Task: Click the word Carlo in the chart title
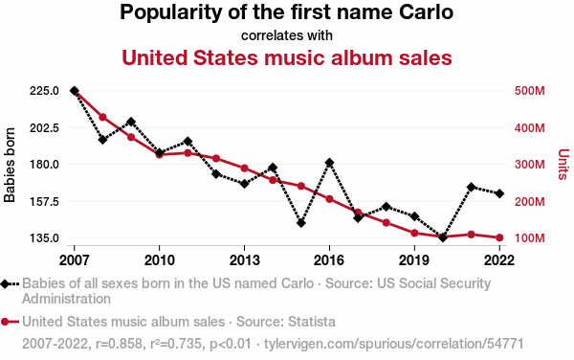426,11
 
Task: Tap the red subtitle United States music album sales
287,57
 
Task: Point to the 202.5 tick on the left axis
45,127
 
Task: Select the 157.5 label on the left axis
45,201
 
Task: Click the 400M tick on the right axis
529,127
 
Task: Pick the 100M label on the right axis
529,238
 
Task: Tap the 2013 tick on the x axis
245,260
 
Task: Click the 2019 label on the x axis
414,260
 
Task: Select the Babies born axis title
10,165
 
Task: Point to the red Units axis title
563,164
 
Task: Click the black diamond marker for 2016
329,163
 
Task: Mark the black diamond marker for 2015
301,223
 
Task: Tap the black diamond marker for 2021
471,187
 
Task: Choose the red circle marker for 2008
103,117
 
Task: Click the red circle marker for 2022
499,237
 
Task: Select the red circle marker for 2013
245,169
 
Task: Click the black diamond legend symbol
5,283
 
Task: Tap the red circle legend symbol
5,322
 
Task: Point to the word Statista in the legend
312,322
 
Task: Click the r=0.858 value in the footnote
119,344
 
